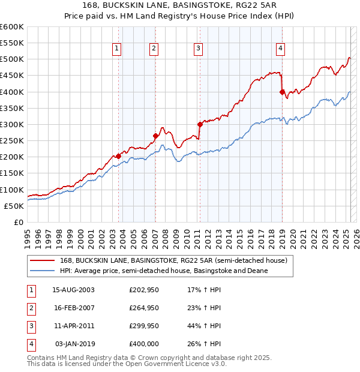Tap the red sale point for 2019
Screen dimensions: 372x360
[x=282, y=92]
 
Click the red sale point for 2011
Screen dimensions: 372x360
[x=200, y=124]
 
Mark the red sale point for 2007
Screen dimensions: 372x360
[x=155, y=136]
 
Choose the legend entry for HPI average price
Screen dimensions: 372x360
[x=163, y=271]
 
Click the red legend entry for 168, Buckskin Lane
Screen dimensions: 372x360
[x=174, y=260]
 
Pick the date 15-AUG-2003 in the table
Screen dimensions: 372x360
[x=74, y=290]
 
